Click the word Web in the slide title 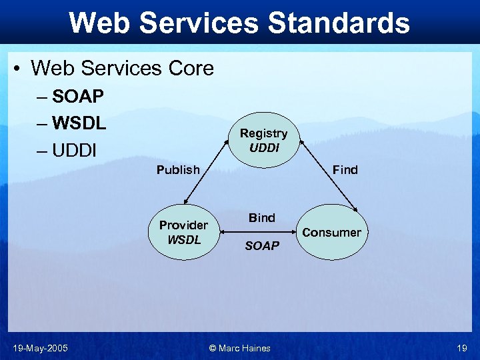(x=98, y=23)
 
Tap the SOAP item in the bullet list (x=78, y=97)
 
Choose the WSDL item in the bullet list (x=79, y=123)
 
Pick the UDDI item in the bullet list (x=75, y=151)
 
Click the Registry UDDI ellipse (x=264, y=140)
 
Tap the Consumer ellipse (x=331, y=232)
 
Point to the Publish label (x=178, y=170)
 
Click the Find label (x=345, y=170)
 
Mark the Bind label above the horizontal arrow (x=262, y=217)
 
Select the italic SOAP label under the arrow (x=262, y=246)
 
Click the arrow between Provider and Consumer (x=262, y=232)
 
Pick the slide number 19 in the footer (x=462, y=347)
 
